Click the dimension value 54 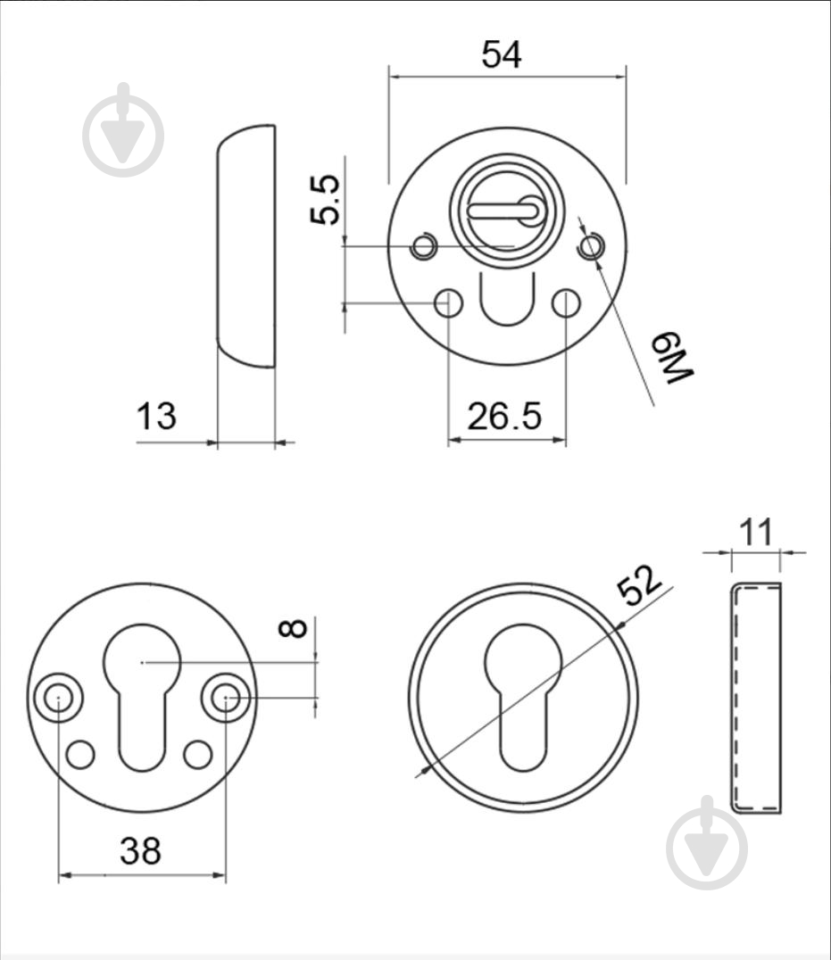tap(502, 54)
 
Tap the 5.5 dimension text tap(325, 200)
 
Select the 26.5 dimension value tap(504, 417)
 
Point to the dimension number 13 tap(156, 416)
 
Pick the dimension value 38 tap(141, 851)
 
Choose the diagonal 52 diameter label tap(639, 584)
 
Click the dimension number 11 tap(756, 532)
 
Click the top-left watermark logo tap(124, 130)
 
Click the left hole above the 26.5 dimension tap(448, 303)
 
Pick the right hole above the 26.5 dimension tap(566, 303)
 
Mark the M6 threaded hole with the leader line tap(591, 247)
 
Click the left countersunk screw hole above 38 tap(58, 698)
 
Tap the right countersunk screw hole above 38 tap(226, 698)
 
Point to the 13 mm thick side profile tap(246, 246)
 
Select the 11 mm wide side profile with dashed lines tap(756, 699)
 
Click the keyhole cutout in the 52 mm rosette tap(523, 697)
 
